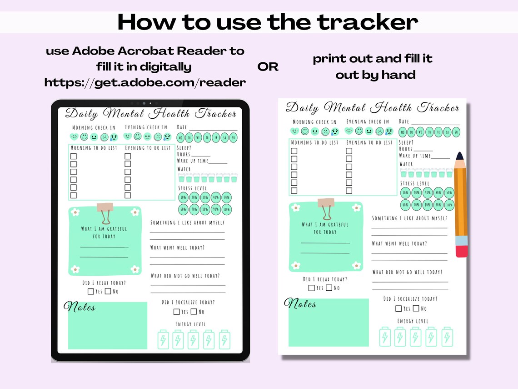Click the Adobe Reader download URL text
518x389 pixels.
tap(145, 82)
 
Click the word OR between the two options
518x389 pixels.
tap(268, 67)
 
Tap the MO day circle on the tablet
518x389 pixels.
tap(180, 138)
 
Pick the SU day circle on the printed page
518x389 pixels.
tap(457, 132)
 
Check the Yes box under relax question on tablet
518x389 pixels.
tap(91, 291)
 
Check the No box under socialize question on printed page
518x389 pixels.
tap(416, 308)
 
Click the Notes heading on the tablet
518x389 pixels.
tap(80, 307)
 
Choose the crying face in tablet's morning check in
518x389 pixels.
tap(114, 137)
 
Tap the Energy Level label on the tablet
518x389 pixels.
tap(190, 324)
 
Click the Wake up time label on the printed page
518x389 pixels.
tap(415, 156)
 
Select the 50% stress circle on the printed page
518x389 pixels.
tap(449, 192)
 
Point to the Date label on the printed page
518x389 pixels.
tap(404, 121)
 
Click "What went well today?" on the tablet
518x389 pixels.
tap(177, 248)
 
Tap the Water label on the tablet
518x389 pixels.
tap(184, 169)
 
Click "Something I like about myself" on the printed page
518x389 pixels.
tap(409, 218)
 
